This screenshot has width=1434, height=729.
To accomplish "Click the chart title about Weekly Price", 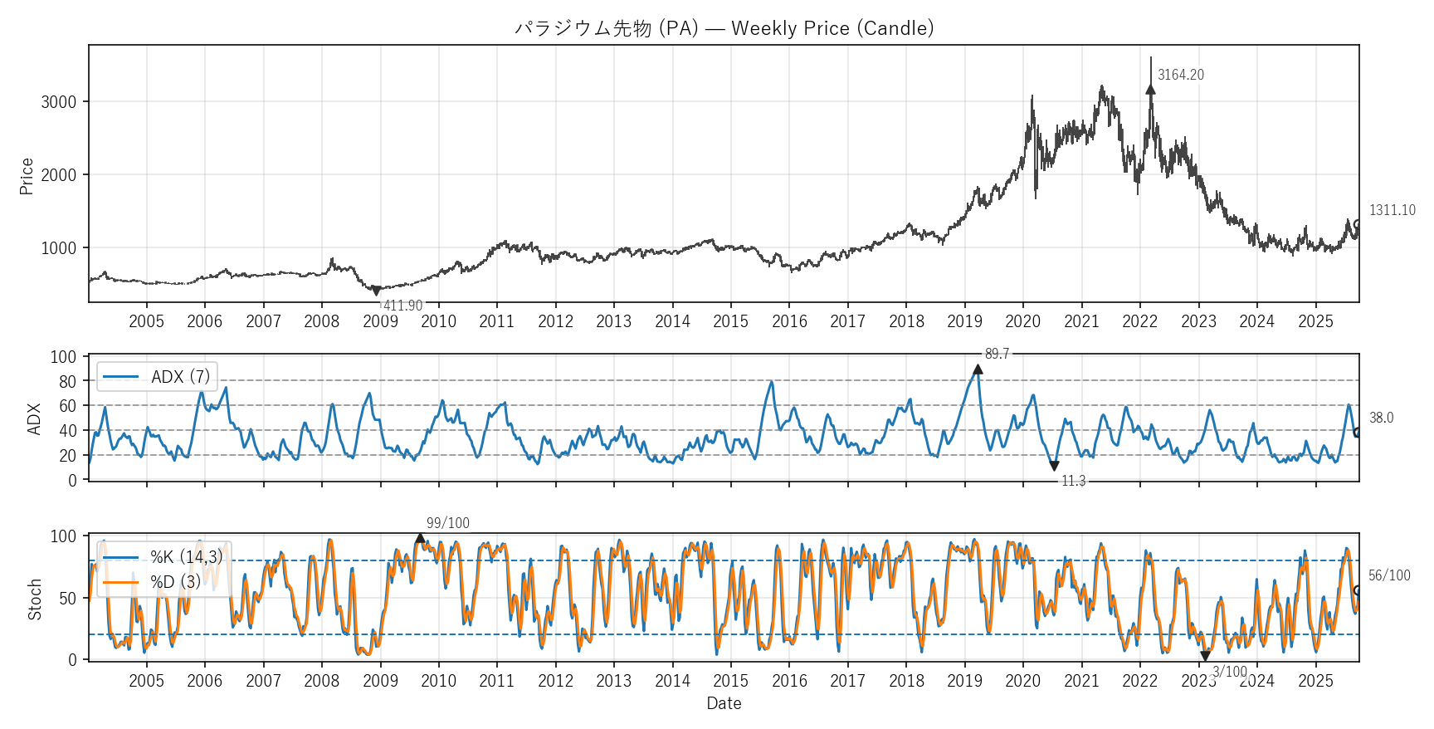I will click(724, 28).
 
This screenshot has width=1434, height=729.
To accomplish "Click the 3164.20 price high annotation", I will click(1180, 75).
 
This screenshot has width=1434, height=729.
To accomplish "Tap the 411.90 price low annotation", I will click(402, 306).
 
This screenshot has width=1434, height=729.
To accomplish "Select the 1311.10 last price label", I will click(1392, 210).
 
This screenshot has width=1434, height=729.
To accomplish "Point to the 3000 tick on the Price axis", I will click(58, 102).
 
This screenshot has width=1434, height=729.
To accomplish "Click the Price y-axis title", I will click(27, 176).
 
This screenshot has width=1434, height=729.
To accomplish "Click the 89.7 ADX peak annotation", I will click(997, 355).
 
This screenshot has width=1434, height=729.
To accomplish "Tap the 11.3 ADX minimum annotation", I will click(1073, 481).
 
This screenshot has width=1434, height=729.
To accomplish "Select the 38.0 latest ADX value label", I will click(1381, 418).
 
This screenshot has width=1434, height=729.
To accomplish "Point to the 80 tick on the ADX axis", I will click(67, 381).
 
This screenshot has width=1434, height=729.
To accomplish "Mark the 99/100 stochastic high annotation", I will click(447, 523).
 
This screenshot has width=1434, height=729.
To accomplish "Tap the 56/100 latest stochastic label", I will click(1388, 575).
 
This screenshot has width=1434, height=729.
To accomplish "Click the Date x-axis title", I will click(724, 703).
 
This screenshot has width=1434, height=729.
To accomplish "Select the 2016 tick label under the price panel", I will click(789, 321).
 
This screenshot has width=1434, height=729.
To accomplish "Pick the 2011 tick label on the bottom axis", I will click(496, 681).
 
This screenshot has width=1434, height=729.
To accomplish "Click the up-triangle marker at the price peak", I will click(1150, 89).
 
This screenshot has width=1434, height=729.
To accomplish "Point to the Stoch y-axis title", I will click(35, 599).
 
